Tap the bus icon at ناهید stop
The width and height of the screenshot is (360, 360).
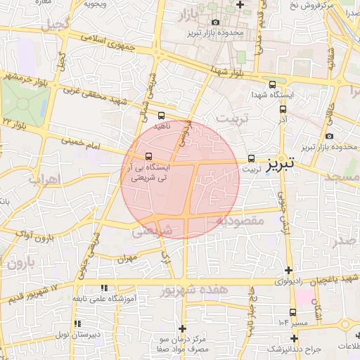click(x=162, y=115)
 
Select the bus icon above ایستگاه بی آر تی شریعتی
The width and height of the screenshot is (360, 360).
click(x=148, y=156)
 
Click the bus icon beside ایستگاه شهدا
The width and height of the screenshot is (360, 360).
click(x=283, y=109)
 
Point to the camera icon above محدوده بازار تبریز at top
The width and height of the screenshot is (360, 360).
click(x=215, y=22)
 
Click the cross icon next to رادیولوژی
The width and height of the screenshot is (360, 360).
click(x=288, y=270)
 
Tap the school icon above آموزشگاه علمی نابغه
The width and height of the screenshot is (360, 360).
click(x=105, y=288)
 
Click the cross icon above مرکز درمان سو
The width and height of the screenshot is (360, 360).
click(x=183, y=328)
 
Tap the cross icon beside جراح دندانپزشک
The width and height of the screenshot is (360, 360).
click(x=294, y=338)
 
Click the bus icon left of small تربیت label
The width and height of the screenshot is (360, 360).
click(x=252, y=159)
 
